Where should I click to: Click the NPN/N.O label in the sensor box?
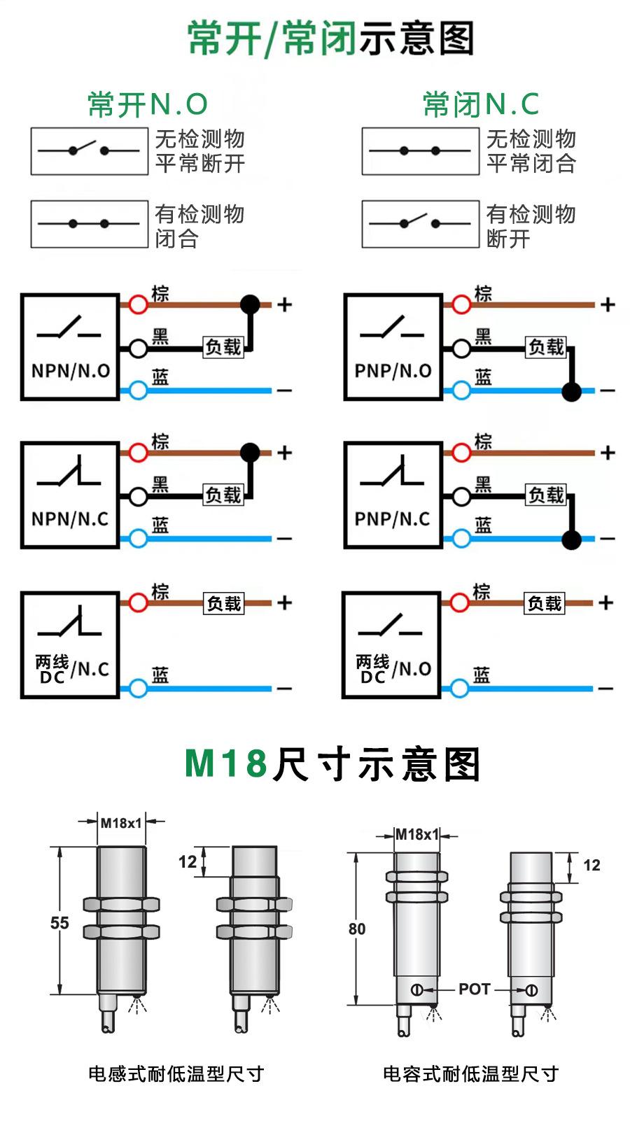click(x=70, y=371)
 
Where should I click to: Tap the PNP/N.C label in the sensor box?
click(x=392, y=519)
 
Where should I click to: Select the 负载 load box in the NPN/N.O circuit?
click(x=223, y=347)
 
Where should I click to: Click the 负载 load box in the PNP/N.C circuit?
click(x=546, y=495)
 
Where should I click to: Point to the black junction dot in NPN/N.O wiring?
click(x=250, y=304)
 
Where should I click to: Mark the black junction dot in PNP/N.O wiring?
click(x=572, y=391)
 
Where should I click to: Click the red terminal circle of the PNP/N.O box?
click(x=461, y=304)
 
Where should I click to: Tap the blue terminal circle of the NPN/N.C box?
click(x=139, y=539)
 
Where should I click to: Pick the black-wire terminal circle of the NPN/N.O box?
click(x=139, y=347)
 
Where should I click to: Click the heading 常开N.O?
click(x=148, y=105)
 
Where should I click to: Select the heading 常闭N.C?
click(x=481, y=105)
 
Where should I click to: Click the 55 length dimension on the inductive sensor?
click(x=59, y=923)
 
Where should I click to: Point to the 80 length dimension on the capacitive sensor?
click(x=357, y=929)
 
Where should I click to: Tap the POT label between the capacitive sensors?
click(x=474, y=989)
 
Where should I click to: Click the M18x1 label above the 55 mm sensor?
click(x=121, y=823)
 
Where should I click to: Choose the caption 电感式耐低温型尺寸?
click(x=176, y=1073)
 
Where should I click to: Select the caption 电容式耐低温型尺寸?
click(x=470, y=1073)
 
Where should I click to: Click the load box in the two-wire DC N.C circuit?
click(x=224, y=603)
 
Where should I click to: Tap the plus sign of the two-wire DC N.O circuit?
click(x=606, y=602)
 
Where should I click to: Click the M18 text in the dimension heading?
click(x=226, y=763)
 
